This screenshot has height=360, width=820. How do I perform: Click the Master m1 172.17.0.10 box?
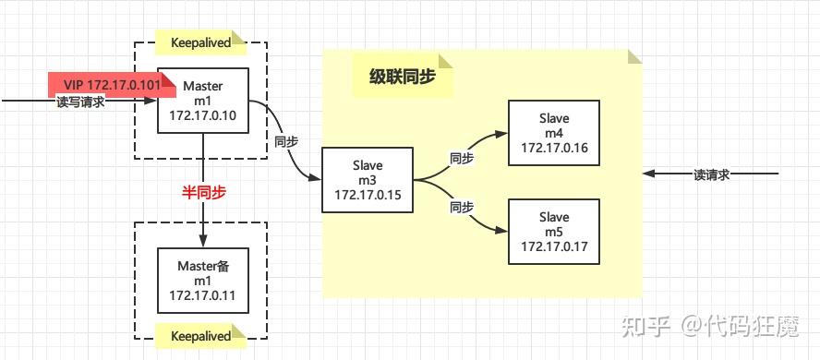tap(203, 101)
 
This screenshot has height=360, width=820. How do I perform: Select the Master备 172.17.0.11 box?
tap(203, 281)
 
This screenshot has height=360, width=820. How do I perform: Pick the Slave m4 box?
tap(554, 133)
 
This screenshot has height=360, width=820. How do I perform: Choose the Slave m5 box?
tap(554, 233)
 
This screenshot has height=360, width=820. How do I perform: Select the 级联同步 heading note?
tap(403, 78)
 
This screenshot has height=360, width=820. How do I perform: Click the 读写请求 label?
tap(80, 102)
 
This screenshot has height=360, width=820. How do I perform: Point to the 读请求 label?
tap(711, 174)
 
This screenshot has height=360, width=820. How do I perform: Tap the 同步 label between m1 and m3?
tap(285, 143)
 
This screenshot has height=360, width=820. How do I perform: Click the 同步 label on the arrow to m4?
tap(461, 159)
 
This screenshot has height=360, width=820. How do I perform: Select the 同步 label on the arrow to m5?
tap(461, 208)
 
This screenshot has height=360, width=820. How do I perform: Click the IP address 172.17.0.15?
tap(367, 197)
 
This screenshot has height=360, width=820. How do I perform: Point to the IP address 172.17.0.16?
tap(554, 148)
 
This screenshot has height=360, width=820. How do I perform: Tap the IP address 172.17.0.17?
tap(554, 247)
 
